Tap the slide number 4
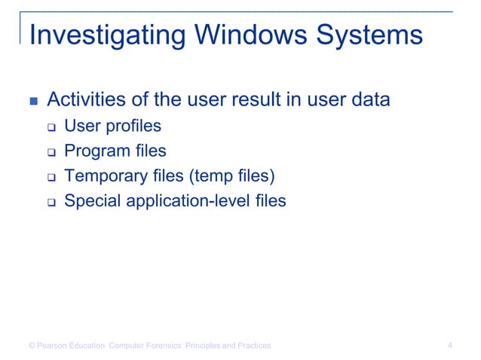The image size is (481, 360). click(449, 346)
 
